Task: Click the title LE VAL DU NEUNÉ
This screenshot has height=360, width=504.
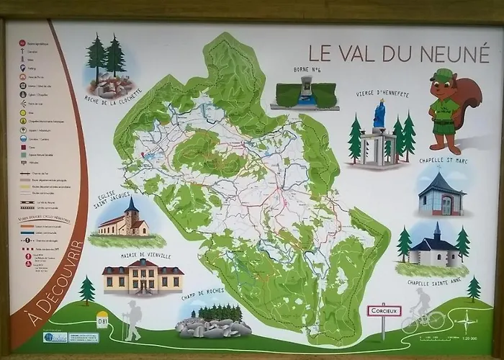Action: tap(399, 53)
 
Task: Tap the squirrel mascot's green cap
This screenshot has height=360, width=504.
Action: tap(441, 75)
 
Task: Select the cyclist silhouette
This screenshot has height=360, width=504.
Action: tap(423, 311)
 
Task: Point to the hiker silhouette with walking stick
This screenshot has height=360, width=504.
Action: tap(132, 320)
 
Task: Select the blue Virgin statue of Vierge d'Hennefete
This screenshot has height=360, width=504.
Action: tap(379, 116)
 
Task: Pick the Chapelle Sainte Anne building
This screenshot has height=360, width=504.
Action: tap(435, 249)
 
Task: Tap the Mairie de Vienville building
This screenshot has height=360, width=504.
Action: tap(143, 276)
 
